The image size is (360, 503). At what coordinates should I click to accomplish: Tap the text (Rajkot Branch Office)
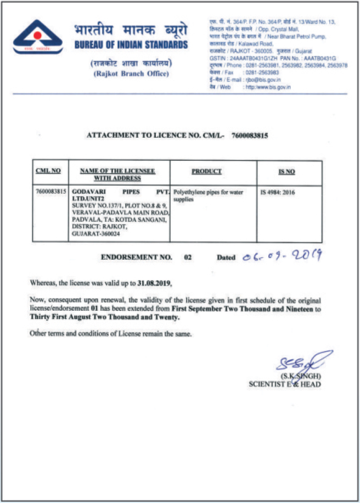[131, 74]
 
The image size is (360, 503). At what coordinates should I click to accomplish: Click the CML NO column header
[48, 171]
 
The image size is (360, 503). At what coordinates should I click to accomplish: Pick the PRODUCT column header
[206, 171]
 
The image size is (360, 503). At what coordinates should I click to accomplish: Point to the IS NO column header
[286, 172]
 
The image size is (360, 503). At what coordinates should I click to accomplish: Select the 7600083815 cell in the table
[50, 193]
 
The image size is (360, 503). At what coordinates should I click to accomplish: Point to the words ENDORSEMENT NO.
[137, 256]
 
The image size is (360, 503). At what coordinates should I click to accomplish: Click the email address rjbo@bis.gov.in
[266, 80]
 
